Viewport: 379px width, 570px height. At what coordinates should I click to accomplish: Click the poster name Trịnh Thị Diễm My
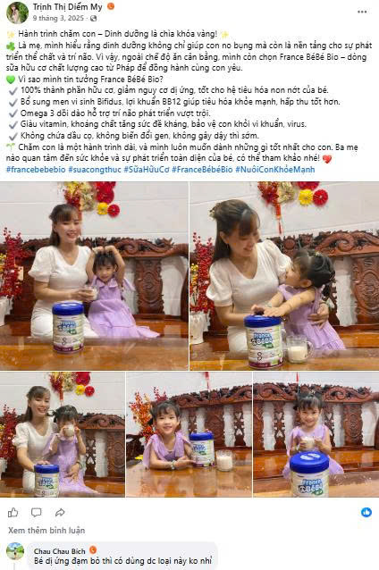click(67, 7)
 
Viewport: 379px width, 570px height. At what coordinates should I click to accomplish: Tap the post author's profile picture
click(17, 13)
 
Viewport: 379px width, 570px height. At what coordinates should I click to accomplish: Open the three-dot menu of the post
click(362, 12)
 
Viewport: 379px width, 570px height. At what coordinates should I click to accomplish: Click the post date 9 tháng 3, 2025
click(58, 18)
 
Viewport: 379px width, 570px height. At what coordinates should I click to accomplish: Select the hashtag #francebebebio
click(36, 170)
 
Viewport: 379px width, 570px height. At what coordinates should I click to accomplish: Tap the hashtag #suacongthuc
click(95, 170)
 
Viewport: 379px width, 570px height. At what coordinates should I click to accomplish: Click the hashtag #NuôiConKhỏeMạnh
click(275, 170)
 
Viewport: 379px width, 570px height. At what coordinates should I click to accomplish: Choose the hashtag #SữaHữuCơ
click(147, 170)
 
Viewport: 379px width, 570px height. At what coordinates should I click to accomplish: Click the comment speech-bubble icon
click(36, 513)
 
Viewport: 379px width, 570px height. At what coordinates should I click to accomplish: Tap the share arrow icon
click(60, 513)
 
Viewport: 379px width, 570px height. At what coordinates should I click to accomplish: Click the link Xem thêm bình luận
click(46, 531)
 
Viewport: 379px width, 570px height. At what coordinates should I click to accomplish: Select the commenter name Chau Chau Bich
click(60, 551)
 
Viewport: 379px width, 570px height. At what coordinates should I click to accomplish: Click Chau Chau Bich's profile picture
click(15, 551)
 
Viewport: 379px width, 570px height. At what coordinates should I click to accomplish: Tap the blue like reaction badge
click(366, 512)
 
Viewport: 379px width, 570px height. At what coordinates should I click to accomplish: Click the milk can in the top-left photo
click(68, 328)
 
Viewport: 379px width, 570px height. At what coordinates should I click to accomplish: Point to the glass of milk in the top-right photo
click(298, 349)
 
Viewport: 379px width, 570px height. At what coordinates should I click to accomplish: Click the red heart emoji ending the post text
click(327, 159)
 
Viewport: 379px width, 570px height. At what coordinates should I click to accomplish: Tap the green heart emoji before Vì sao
click(11, 80)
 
